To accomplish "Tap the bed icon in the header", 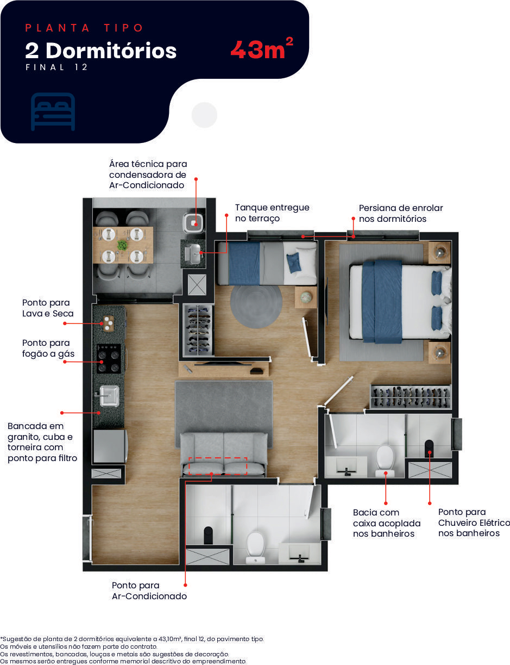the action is (x=53, y=111).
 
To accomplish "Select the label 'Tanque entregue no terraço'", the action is (x=272, y=213).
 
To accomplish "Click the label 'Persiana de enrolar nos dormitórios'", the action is (x=401, y=213).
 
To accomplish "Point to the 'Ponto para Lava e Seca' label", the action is (x=48, y=308).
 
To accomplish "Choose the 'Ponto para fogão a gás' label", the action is (x=48, y=348).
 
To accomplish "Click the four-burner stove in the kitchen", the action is (x=109, y=359).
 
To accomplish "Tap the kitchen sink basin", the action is (x=109, y=396).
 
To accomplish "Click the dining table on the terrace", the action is (x=123, y=245).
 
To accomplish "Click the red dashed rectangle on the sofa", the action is (x=218, y=466).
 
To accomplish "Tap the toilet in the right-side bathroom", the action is (x=385, y=461).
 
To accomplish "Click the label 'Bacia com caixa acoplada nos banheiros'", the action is (x=387, y=523).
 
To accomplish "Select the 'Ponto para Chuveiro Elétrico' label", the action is (x=474, y=523).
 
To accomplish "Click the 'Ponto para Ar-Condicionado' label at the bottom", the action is (x=149, y=591).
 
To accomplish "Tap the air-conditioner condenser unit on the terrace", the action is (x=193, y=223).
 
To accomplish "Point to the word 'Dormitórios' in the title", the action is (x=111, y=51).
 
